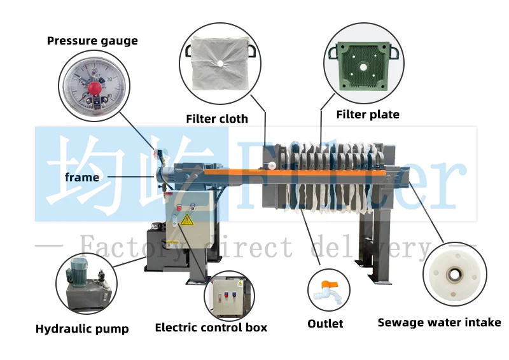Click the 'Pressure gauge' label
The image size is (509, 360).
coord(92,41)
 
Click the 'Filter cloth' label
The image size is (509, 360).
coord(217,119)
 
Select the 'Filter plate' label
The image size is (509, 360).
coord(368,114)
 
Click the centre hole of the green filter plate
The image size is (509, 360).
coord(361,66)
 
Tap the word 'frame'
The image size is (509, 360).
coord(82,177)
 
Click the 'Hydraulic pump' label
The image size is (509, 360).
coord(82,329)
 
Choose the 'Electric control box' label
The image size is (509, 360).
coord(211,328)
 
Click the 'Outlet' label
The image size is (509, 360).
coord(325,324)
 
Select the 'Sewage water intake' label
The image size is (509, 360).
coord(439,322)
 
